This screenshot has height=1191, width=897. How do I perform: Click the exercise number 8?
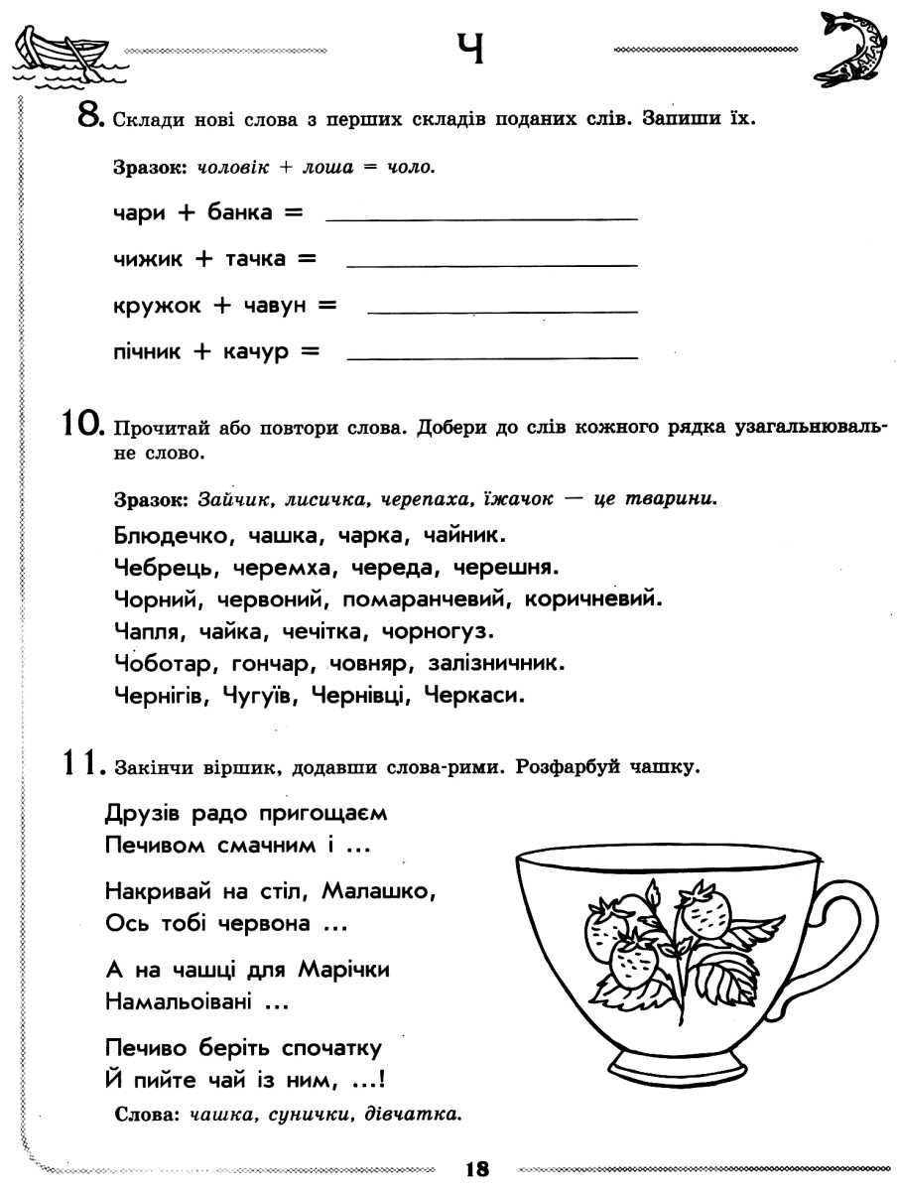[88, 118]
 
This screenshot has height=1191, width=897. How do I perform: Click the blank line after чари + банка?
[481, 217]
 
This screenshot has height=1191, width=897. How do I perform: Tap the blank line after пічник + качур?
[493, 356]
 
